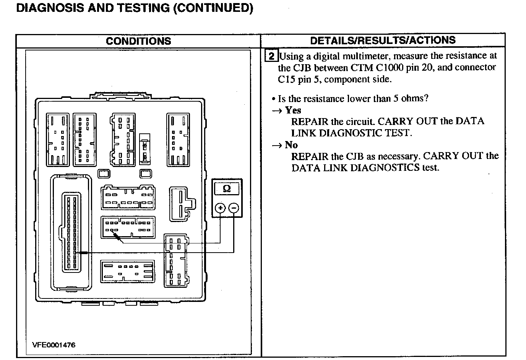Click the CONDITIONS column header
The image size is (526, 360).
point(138,41)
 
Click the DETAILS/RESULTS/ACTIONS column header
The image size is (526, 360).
point(383,41)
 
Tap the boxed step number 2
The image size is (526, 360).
point(271,56)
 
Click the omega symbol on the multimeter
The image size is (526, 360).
point(227,188)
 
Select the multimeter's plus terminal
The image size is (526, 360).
point(220,208)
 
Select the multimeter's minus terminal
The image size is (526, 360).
point(233,208)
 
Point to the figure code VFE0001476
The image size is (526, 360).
point(54,345)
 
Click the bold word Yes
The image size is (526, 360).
point(293,110)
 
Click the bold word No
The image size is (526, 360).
point(291,145)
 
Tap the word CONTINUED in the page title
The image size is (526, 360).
point(213,8)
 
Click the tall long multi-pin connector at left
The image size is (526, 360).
point(72,232)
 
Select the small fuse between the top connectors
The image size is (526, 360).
point(144,148)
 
